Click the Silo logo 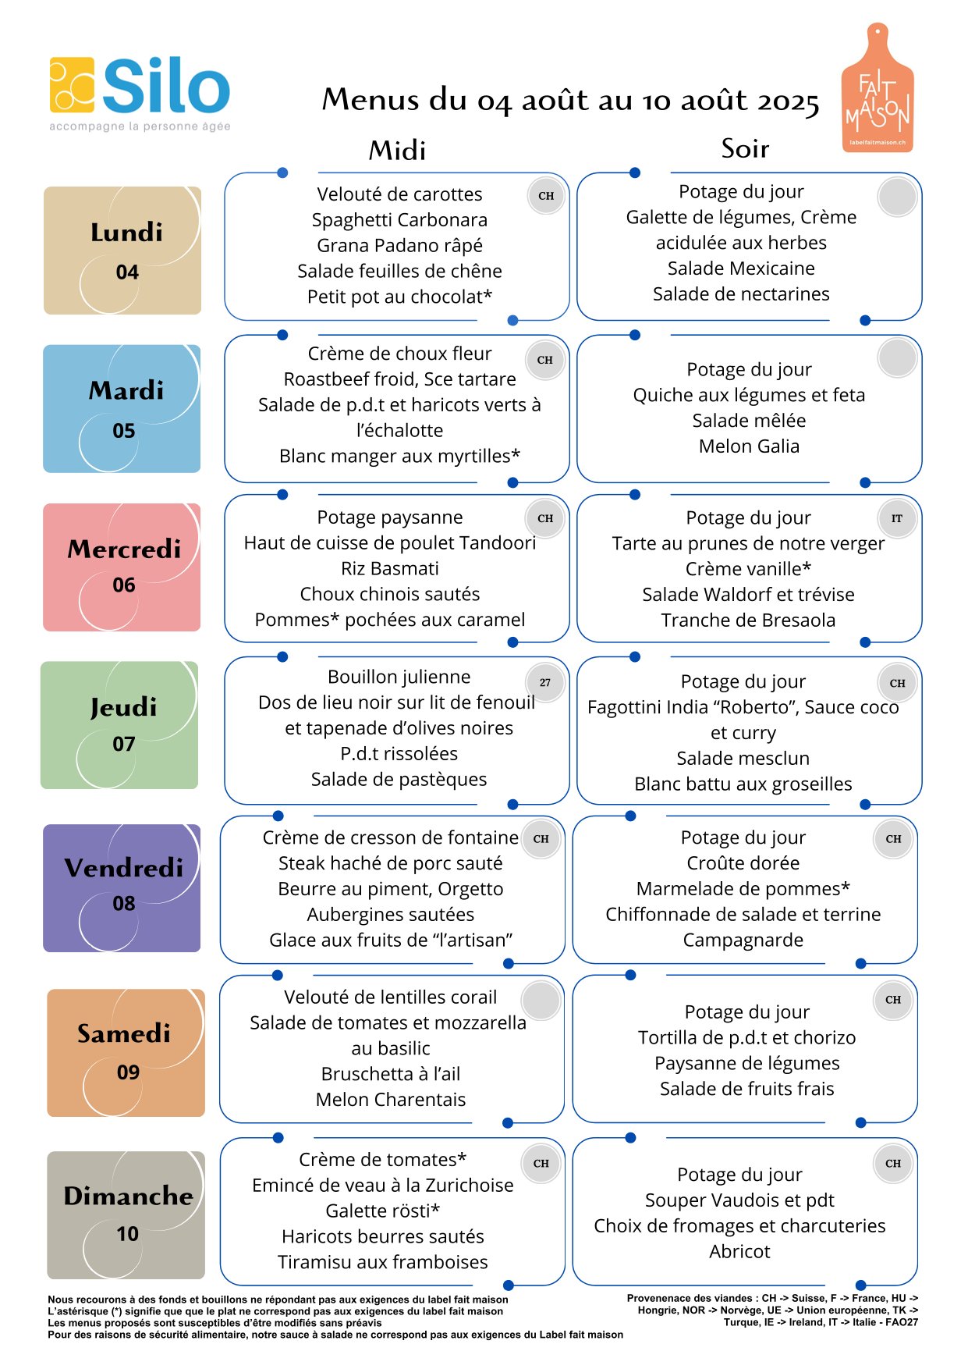pyautogui.click(x=140, y=93)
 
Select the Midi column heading pyautogui.click(x=398, y=150)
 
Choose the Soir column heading pyautogui.click(x=745, y=148)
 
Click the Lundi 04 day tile pyautogui.click(x=122, y=251)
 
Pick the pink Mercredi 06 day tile pyautogui.click(x=122, y=567)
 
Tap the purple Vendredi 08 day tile pyautogui.click(x=122, y=888)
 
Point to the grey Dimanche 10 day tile pyautogui.click(x=126, y=1214)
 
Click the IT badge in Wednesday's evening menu pyautogui.click(x=897, y=518)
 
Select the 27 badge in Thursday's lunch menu pyautogui.click(x=545, y=683)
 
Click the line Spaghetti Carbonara pyautogui.click(x=399, y=220)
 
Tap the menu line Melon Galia pyautogui.click(x=749, y=446)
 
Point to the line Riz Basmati pyautogui.click(x=390, y=568)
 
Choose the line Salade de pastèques pyautogui.click(x=399, y=780)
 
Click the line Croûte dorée pyautogui.click(x=743, y=863)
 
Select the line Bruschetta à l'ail pyautogui.click(x=390, y=1074)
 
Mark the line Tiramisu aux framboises pyautogui.click(x=382, y=1262)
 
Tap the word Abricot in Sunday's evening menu pyautogui.click(x=739, y=1252)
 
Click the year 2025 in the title pyautogui.click(x=788, y=101)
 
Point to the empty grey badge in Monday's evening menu pyautogui.click(x=897, y=197)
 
